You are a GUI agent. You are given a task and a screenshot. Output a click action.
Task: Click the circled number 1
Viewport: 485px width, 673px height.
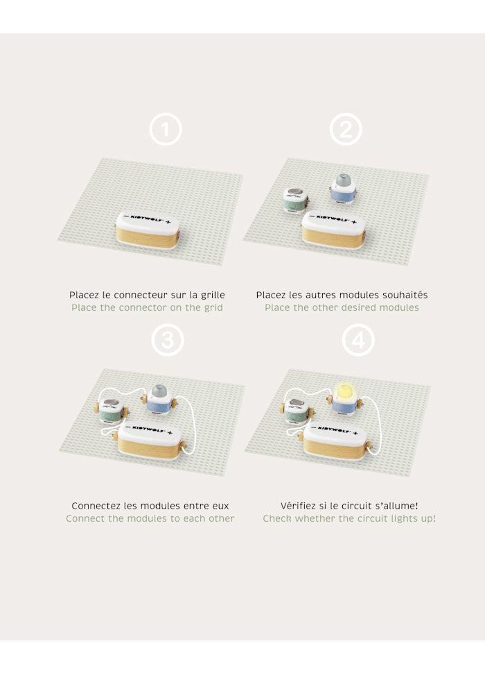[166, 129]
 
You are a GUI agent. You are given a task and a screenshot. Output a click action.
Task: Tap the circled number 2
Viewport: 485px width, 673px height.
[346, 129]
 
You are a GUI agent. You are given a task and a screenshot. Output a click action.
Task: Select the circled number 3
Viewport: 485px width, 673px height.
[168, 340]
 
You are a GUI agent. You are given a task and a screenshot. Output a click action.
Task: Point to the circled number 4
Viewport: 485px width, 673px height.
[358, 340]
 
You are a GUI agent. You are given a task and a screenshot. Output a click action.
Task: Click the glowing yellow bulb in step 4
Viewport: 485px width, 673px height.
[345, 393]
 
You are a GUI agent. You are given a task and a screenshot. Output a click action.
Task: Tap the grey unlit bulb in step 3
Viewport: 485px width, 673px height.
[159, 391]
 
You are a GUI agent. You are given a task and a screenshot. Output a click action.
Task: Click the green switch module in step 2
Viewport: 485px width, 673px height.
[295, 200]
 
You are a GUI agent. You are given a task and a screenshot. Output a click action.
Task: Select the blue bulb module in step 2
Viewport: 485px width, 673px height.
[343, 189]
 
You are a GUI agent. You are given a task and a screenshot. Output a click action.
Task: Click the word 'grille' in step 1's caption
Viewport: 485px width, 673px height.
[213, 295]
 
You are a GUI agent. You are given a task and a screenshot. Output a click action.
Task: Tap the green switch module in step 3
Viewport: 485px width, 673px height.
[112, 411]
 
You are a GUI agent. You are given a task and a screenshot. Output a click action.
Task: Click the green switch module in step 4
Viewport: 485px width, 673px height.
[297, 411]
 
